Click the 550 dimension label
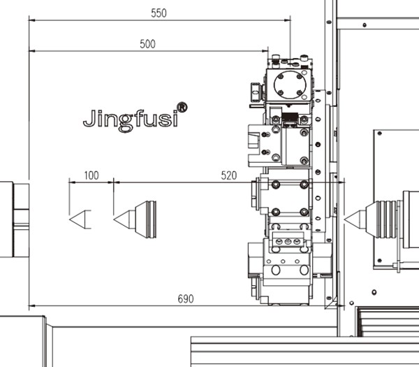[159, 13]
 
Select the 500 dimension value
[147, 44]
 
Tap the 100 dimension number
[91, 175]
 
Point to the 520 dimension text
[229, 175]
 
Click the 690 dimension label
[186, 298]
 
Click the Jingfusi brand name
[131, 120]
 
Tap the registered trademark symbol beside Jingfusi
[182, 107]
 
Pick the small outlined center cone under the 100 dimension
[80, 220]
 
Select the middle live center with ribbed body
[135, 220]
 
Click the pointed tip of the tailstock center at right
[344, 220]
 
